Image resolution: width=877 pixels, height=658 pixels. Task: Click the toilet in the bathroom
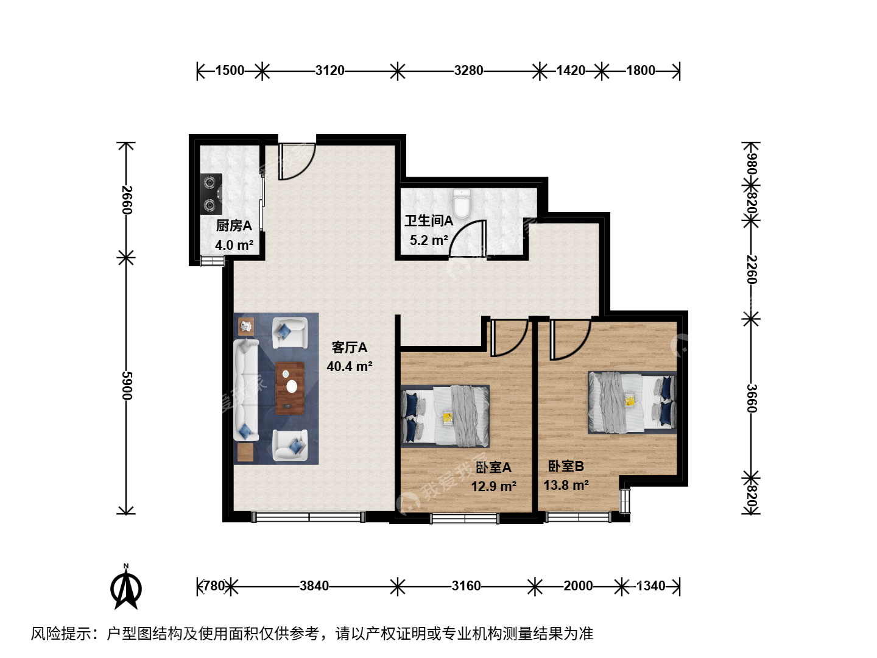click(x=462, y=203)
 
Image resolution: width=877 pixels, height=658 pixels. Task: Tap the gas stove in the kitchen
click(x=211, y=194)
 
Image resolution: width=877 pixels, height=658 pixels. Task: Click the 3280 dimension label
click(x=468, y=70)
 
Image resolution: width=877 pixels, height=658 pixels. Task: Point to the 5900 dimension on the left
click(x=127, y=385)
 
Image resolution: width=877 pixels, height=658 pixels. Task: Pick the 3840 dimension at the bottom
click(x=314, y=585)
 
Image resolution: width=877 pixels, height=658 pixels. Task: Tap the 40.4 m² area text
click(x=350, y=366)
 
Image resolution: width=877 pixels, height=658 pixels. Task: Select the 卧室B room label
click(x=566, y=466)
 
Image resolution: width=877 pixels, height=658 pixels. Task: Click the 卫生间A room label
click(x=429, y=221)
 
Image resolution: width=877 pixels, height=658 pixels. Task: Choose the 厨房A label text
click(x=234, y=225)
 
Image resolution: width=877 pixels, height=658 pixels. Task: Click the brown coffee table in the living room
click(x=290, y=388)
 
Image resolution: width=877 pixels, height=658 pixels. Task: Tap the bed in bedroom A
click(x=445, y=416)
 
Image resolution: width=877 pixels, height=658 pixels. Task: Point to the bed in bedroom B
click(x=632, y=402)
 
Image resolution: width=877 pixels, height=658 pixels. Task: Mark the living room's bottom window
click(x=309, y=517)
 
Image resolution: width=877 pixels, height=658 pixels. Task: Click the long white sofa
click(x=245, y=390)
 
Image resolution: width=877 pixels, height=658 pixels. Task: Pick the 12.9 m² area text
click(x=494, y=486)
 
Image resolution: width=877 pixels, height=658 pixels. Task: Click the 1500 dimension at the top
click(x=230, y=70)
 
